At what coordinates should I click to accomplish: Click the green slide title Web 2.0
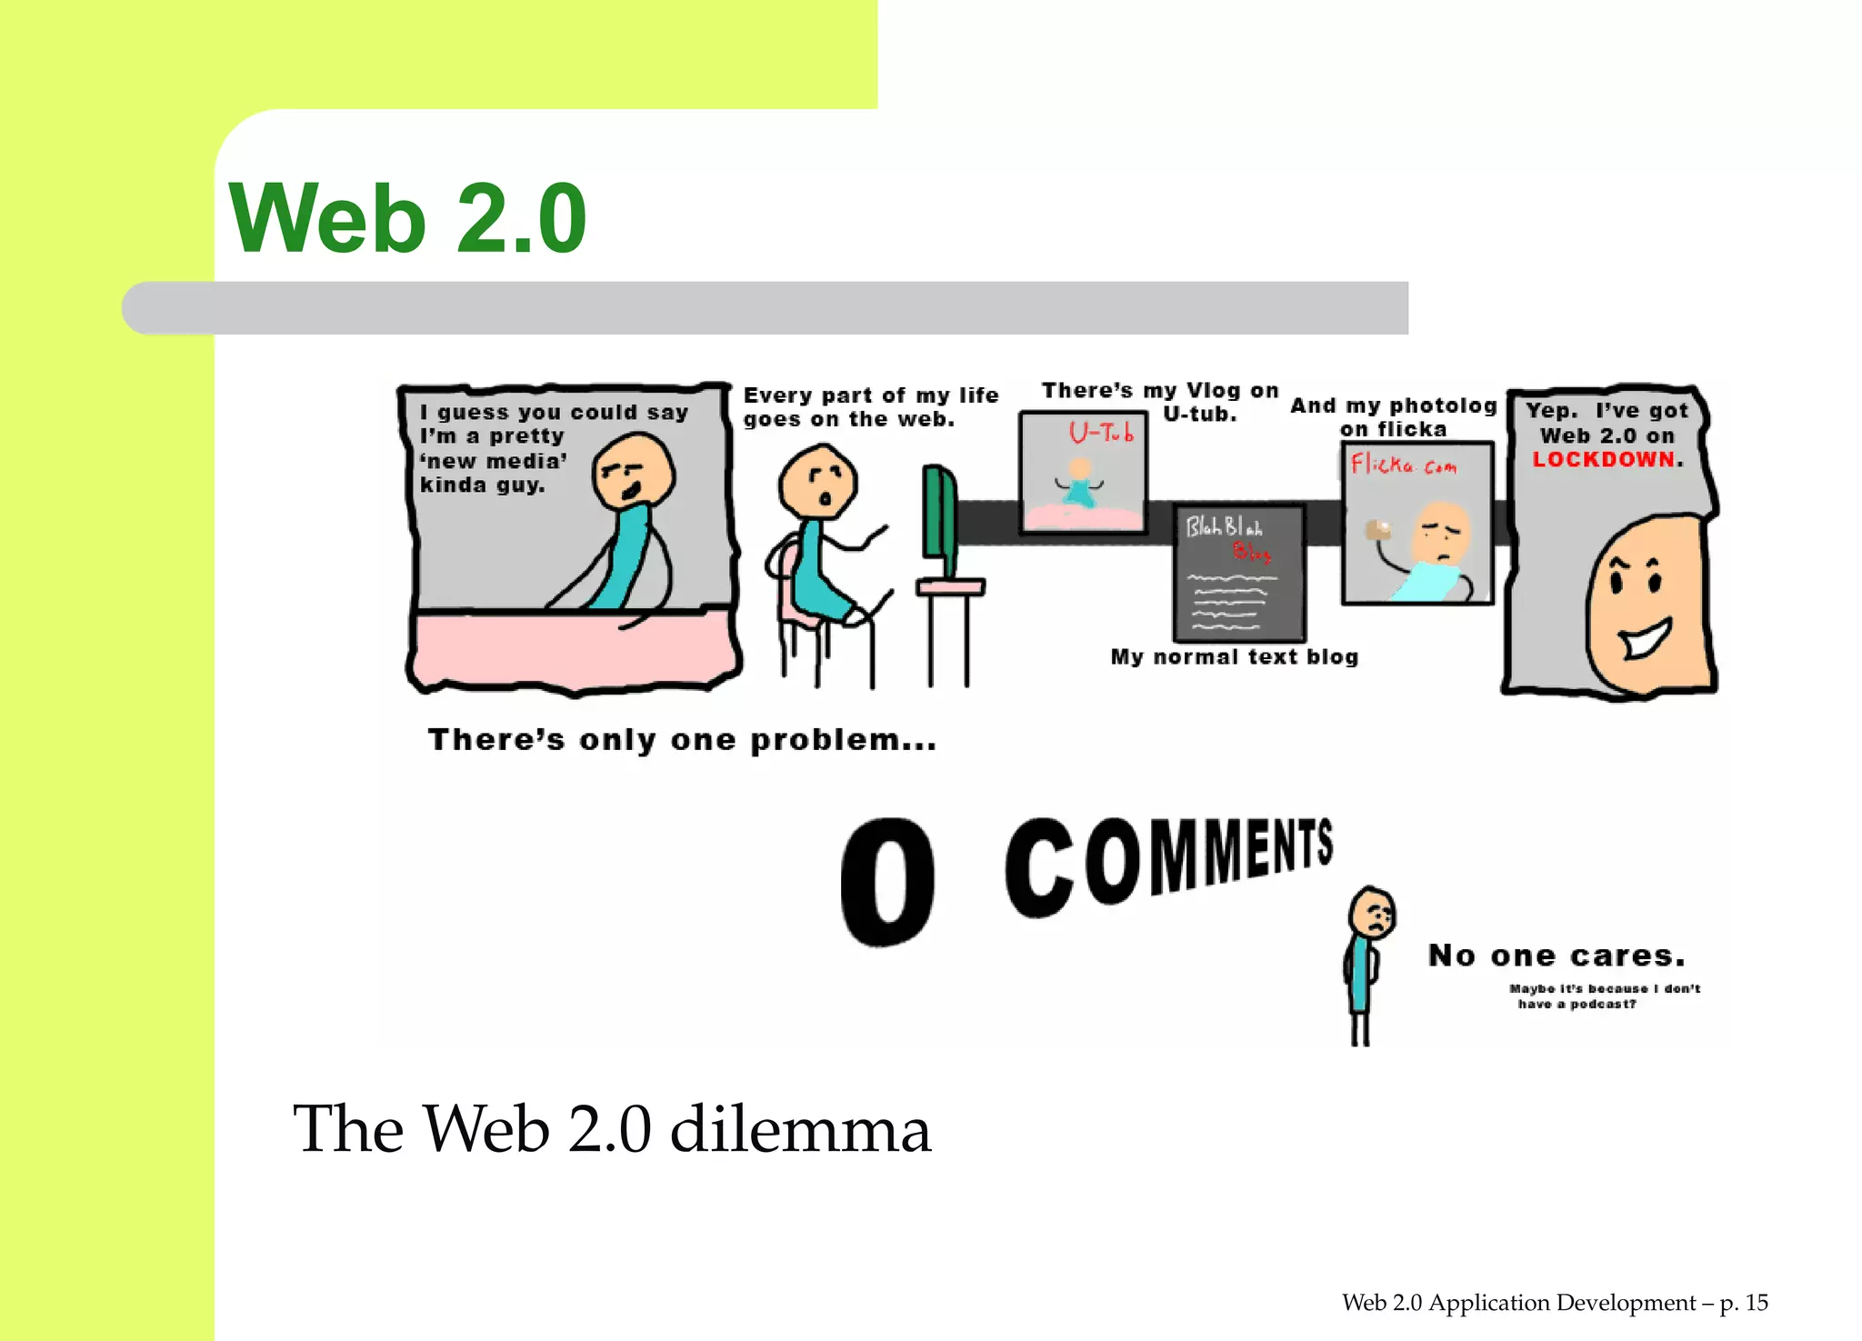click(x=407, y=219)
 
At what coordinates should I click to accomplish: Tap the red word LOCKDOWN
click(x=1604, y=460)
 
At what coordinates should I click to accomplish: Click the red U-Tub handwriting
click(x=1101, y=433)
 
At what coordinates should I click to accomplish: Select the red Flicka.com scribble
click(x=1403, y=465)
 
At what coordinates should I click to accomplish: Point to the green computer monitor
click(x=939, y=523)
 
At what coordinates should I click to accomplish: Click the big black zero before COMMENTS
click(x=887, y=881)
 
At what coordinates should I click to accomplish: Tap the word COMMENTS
click(x=1168, y=864)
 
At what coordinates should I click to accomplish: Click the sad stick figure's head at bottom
click(x=1372, y=913)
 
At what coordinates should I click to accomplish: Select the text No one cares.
click(x=1557, y=956)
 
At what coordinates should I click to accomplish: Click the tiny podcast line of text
click(x=1605, y=996)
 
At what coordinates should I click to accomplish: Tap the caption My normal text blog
click(x=1234, y=657)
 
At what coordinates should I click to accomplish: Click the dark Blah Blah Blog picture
click(x=1239, y=573)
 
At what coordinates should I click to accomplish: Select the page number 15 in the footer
click(x=1757, y=1303)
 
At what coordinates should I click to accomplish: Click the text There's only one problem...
click(x=682, y=740)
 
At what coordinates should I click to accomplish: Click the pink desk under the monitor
click(x=950, y=588)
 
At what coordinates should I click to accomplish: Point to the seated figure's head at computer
click(x=818, y=483)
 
